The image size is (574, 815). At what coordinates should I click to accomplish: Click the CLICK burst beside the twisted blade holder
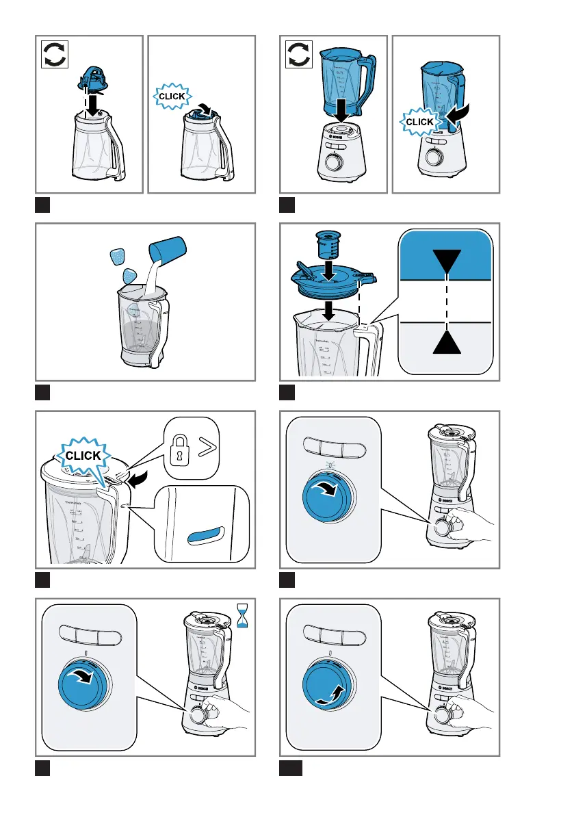pos(172,96)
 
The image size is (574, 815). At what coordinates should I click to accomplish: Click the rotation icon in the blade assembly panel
pos(55,54)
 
